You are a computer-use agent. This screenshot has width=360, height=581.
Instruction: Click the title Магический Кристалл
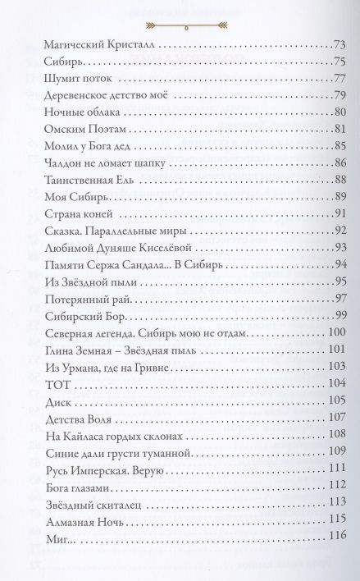click(x=93, y=44)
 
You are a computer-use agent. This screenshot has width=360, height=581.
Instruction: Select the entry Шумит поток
click(x=72, y=80)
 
